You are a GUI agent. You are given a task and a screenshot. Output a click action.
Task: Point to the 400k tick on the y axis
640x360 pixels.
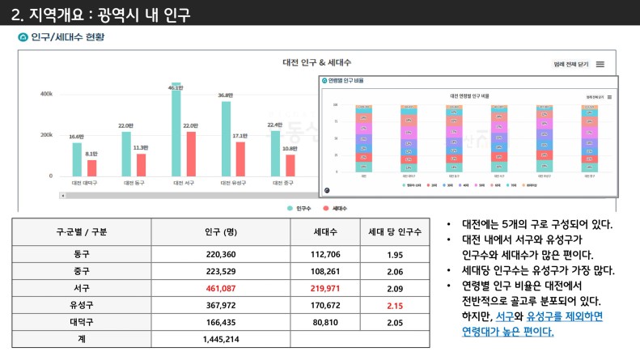pos(47,94)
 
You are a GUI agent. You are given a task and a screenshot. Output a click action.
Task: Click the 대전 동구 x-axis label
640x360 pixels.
pos(134,183)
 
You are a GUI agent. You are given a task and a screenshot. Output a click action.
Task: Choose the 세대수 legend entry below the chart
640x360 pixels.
pos(336,209)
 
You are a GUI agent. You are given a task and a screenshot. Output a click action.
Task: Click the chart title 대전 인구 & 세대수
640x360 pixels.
pos(316,62)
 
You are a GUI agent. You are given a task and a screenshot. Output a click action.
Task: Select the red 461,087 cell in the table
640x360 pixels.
pos(220,288)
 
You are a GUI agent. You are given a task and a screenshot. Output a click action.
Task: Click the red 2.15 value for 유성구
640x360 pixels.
pos(395,305)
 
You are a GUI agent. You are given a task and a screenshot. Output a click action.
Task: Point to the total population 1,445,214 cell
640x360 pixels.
pos(220,339)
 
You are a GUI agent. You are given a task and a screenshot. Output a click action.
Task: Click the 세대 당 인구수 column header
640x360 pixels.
pos(395,231)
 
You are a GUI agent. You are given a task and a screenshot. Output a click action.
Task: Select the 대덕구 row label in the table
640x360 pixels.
pos(81,322)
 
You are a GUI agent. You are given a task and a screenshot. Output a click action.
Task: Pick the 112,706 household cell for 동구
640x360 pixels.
pos(325,254)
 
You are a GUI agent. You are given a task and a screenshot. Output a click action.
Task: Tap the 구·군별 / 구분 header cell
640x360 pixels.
pos(81,231)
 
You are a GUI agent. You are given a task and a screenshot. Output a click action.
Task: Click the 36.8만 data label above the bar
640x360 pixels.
pos(226,95)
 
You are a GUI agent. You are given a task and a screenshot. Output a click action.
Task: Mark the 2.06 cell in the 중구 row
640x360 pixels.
pos(395,271)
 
